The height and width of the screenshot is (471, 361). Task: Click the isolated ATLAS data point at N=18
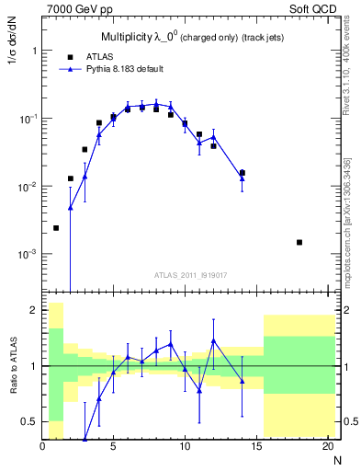tap(299, 242)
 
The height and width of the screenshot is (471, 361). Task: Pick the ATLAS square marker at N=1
tap(56, 228)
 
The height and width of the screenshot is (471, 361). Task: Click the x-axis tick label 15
tap(256, 448)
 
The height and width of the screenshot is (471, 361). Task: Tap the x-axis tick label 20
tap(327, 448)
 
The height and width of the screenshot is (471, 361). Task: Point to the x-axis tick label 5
tap(113, 448)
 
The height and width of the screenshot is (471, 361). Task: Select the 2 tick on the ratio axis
tap(34, 311)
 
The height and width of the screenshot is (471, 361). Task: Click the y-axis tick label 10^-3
tap(26, 254)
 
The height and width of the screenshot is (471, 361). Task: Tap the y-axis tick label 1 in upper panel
tap(34, 51)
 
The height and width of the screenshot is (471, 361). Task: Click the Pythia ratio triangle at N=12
tap(213, 340)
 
